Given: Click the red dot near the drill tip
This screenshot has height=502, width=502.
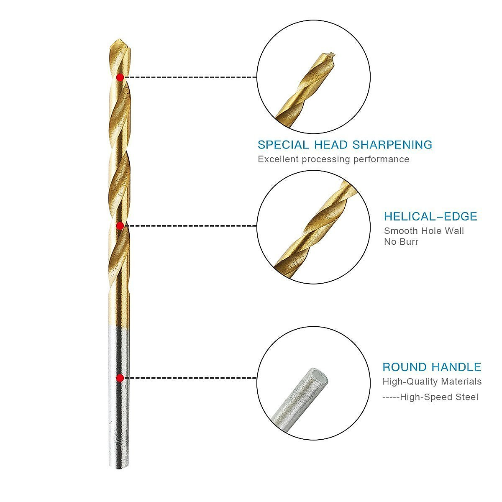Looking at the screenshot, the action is pos(120,77).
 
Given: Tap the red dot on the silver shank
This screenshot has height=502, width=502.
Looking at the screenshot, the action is pos(120,378).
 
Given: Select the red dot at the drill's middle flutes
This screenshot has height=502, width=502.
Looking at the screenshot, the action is pos(120,226).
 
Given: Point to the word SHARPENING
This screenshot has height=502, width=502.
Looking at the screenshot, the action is pos(392,145).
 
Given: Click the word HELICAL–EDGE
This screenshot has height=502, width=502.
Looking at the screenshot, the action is pos(430,216).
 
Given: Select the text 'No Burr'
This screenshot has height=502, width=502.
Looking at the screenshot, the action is pos(401,242).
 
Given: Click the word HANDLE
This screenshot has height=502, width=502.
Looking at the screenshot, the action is pos(456,367).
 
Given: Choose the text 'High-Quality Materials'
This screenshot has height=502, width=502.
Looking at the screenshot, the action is pos(432,382).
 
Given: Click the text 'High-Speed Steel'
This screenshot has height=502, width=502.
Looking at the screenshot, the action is pos(439,397).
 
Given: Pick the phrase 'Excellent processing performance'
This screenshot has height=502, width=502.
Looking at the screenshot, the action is pos(333,159).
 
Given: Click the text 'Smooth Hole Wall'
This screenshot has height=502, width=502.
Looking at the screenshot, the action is pos(424,231).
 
